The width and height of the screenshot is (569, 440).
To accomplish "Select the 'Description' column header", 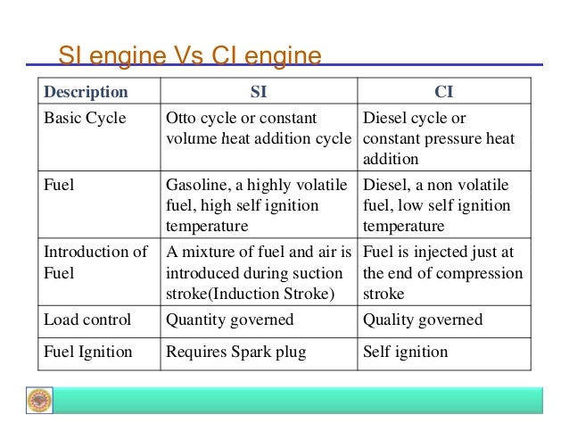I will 87,92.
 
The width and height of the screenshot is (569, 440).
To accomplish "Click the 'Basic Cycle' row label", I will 86,119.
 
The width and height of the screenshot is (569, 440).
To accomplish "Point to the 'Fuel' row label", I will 60,186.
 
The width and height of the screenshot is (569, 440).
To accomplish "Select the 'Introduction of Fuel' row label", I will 95,262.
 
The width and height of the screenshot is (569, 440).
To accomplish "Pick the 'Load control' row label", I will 87,320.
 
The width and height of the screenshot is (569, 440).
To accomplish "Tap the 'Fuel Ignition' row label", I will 88,352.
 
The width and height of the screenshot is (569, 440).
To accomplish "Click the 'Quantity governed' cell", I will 229,320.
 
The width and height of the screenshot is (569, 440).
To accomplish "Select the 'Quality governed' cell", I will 423,320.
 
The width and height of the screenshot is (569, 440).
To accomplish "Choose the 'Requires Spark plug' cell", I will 236,352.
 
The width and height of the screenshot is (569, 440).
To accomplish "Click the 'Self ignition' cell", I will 406,352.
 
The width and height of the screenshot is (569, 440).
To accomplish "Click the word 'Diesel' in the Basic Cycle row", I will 384,119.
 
